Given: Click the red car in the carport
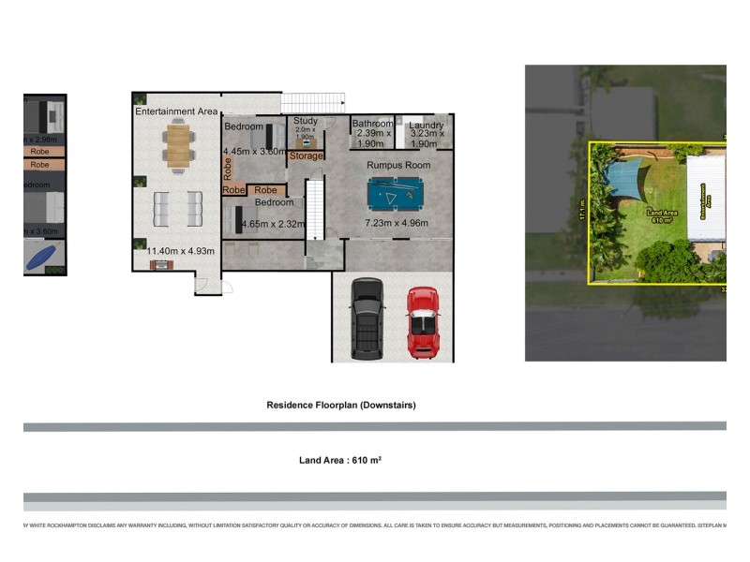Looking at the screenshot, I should tap(423, 322).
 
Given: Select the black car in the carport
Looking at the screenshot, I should tap(367, 318).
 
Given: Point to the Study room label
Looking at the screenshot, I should tap(306, 121).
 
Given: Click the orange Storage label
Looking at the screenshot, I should tap(306, 155).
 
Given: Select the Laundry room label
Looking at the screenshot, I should tap(426, 125).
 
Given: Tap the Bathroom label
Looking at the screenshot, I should tap(372, 124).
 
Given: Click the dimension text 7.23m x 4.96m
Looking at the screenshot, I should tap(396, 224).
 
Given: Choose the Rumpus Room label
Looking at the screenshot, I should tap(398, 165).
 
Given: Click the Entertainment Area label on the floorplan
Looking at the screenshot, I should tap(176, 111).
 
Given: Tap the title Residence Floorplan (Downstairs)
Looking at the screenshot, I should tap(341, 406).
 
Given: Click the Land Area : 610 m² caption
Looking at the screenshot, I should tap(339, 460).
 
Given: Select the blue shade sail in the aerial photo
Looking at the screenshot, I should tap(622, 176).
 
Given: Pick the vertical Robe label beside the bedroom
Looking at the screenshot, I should tap(228, 168).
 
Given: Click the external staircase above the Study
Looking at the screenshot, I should tap(313, 102).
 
